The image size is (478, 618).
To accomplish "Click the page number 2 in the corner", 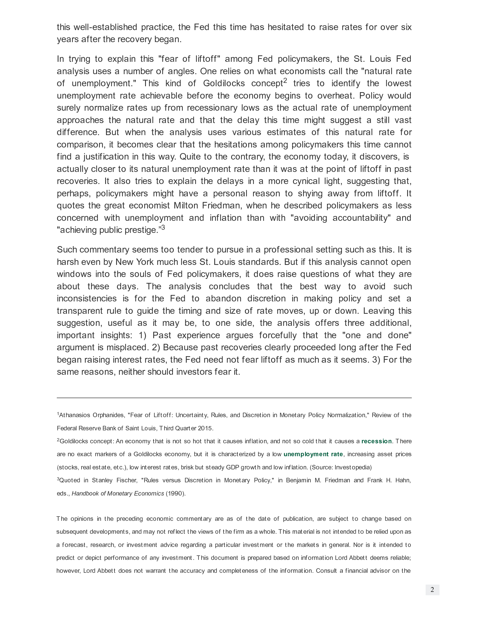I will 432,590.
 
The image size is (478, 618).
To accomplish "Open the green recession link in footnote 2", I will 376,441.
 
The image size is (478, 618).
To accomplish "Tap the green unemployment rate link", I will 313,454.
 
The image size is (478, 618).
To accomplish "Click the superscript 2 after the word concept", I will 285,81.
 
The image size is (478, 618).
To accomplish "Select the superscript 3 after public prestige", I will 163,228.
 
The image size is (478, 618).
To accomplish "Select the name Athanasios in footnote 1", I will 74,415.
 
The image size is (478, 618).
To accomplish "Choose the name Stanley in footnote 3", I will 102,480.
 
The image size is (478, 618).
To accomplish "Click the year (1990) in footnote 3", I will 175,494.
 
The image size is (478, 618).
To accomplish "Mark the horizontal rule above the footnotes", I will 234,398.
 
